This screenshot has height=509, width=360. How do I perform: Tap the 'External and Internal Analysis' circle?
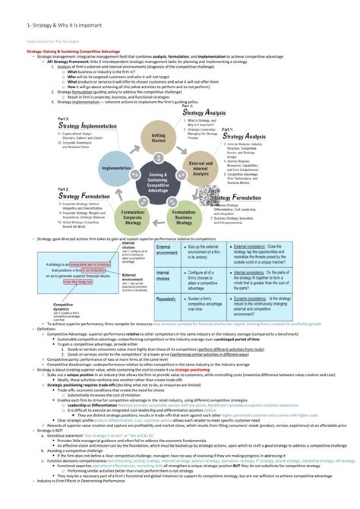tap(201, 169)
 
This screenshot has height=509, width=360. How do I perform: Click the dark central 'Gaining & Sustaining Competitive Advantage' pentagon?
tap(158, 181)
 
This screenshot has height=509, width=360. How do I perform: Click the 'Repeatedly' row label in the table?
tap(169, 299)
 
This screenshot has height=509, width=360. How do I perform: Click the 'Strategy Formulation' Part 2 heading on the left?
tap(82, 196)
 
